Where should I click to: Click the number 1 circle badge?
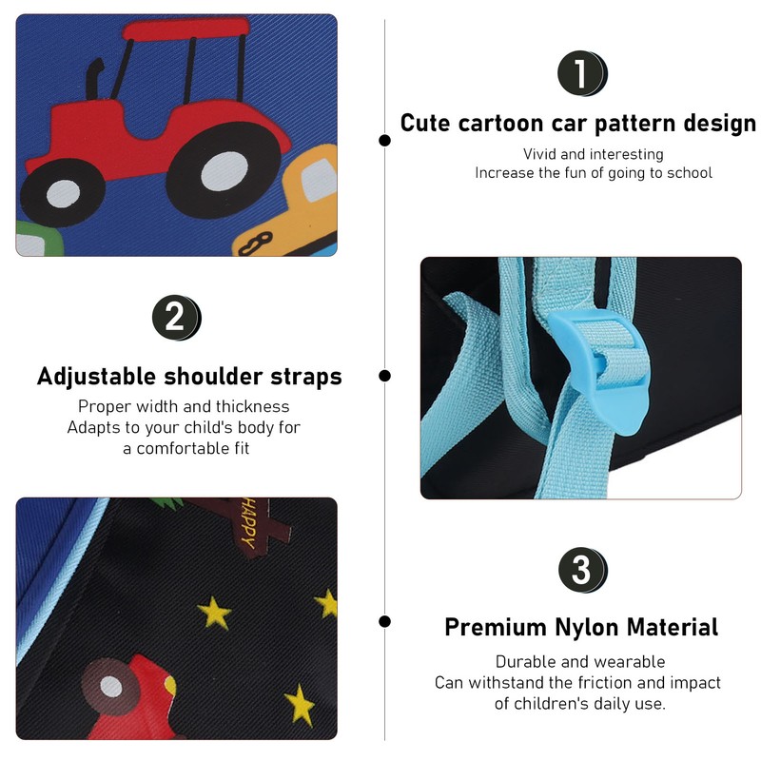point(582,73)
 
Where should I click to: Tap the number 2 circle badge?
point(176,318)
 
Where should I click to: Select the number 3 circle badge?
point(582,570)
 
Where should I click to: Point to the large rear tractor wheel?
point(224,169)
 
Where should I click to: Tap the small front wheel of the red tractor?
point(63,192)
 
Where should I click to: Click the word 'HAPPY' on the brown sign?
point(249,524)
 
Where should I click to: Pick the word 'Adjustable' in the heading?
point(96,377)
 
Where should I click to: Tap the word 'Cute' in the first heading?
point(425,123)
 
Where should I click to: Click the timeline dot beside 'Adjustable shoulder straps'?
point(385,376)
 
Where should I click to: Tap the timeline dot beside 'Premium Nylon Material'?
point(385,621)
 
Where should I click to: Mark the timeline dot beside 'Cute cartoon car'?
point(385,140)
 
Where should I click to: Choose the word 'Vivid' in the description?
point(539,154)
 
